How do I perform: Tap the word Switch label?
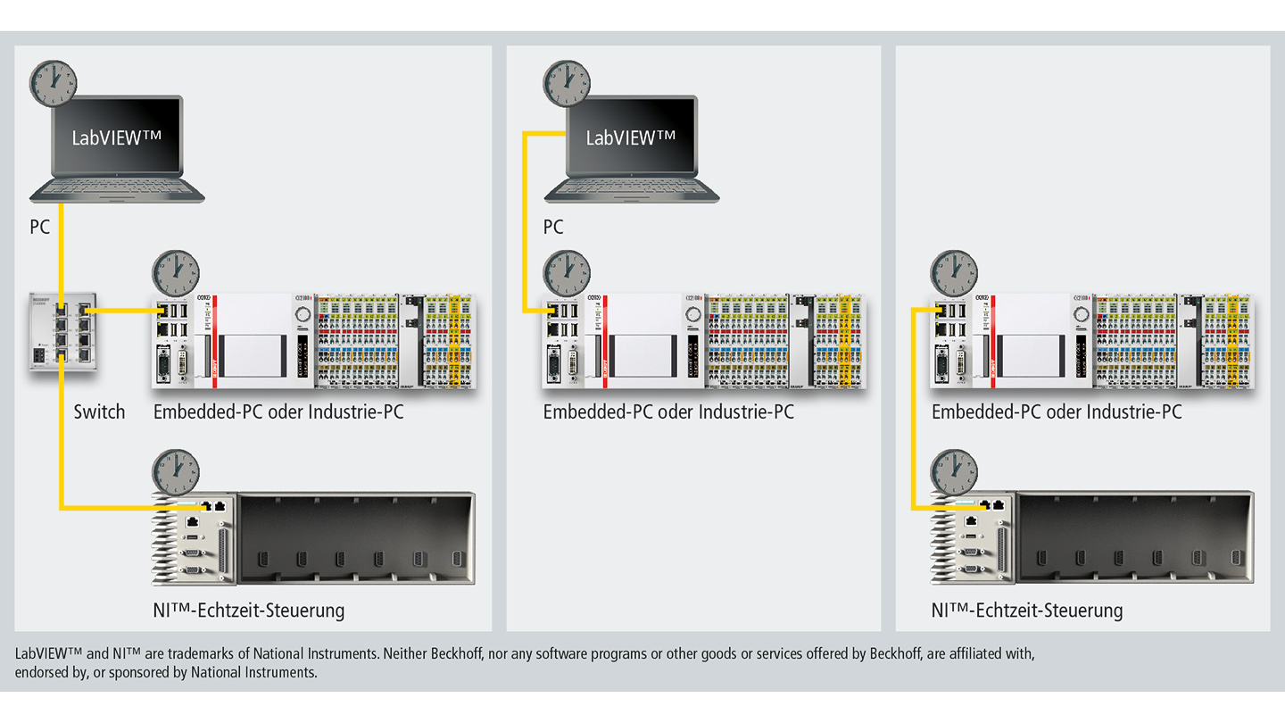pos(99,412)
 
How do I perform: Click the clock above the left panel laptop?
pos(53,84)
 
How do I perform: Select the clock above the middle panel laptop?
pos(567,84)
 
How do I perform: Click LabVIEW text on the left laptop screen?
pos(117,138)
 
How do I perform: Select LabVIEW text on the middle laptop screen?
pos(630,138)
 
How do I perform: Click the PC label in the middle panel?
pos(553,228)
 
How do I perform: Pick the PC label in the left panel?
pos(40,228)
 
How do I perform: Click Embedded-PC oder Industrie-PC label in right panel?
pos(1057,412)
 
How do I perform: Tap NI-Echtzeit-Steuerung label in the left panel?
pos(249,611)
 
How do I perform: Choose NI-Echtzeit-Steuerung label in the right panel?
pos(1027,611)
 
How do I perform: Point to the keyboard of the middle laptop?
pos(632,188)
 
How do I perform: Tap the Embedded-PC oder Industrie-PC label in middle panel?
pos(668,412)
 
